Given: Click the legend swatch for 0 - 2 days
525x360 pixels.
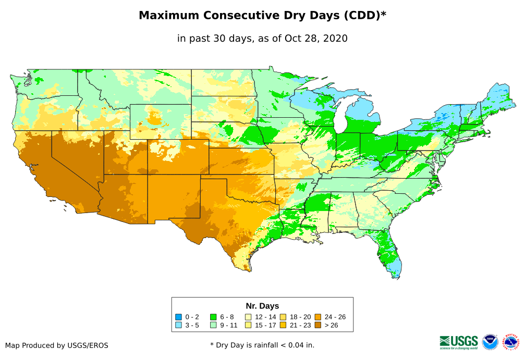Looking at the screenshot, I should pos(178,317).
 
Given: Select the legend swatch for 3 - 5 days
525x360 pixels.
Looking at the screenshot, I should pos(178,325).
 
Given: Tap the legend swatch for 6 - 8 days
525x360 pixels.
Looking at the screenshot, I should pos(213,317).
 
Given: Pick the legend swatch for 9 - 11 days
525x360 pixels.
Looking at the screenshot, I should pos(213,325).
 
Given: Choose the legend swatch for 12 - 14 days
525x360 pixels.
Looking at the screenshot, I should pos(248,317).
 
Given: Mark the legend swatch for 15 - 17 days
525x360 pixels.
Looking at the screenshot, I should pos(248,325).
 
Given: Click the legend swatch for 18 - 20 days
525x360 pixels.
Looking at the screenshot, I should pos(283,317).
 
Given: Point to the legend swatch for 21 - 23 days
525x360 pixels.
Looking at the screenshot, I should pos(283,325).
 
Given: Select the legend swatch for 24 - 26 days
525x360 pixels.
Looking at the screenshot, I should pos(318,317).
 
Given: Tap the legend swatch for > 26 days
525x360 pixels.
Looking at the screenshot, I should pos(318,325).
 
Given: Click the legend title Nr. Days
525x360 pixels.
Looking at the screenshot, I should pos(262,306).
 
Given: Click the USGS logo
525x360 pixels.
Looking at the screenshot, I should pos(459,342).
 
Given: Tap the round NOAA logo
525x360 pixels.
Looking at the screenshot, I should pos(490,342).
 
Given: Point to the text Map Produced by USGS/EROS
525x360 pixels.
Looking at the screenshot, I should pos(57,345).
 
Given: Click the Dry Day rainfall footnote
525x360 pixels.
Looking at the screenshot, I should pos(262,345).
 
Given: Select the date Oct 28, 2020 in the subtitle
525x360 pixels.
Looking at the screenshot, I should pos(316,39).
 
